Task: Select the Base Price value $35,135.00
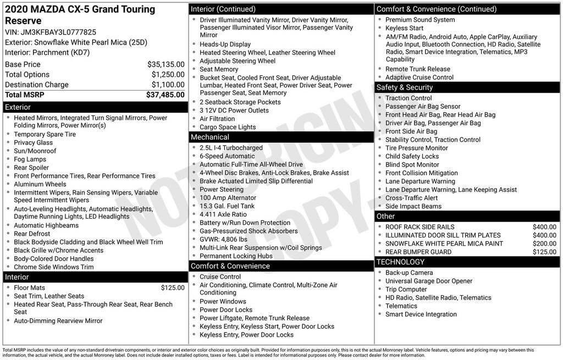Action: (165, 64)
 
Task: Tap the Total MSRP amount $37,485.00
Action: (165, 95)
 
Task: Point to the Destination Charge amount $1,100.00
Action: (168, 85)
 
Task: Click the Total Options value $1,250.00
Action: (168, 75)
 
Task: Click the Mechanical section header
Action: (209, 137)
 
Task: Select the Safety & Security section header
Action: (404, 87)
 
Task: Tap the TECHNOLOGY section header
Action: (400, 262)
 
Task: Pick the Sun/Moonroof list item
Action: (35, 151)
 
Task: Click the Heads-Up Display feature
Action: (225, 45)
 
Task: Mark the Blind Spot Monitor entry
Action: (412, 165)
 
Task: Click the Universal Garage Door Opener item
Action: (429, 281)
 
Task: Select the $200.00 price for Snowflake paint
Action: (544, 243)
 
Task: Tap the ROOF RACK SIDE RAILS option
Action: (420, 227)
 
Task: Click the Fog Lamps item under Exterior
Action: (30, 159)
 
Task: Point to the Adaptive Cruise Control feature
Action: (420, 77)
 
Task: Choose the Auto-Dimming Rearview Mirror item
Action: (58, 321)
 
